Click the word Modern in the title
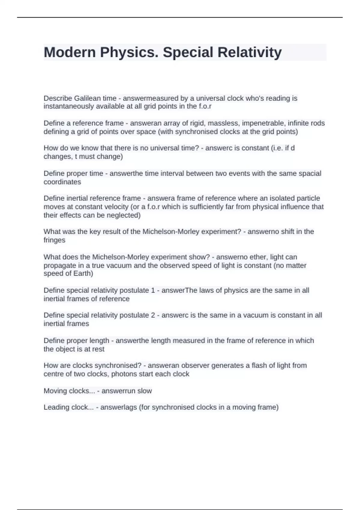(x=70, y=52)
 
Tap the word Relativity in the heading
(x=249, y=52)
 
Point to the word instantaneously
(x=69, y=106)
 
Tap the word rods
(x=318, y=123)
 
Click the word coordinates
(x=62, y=182)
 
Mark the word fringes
(x=54, y=240)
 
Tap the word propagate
(x=59, y=265)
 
